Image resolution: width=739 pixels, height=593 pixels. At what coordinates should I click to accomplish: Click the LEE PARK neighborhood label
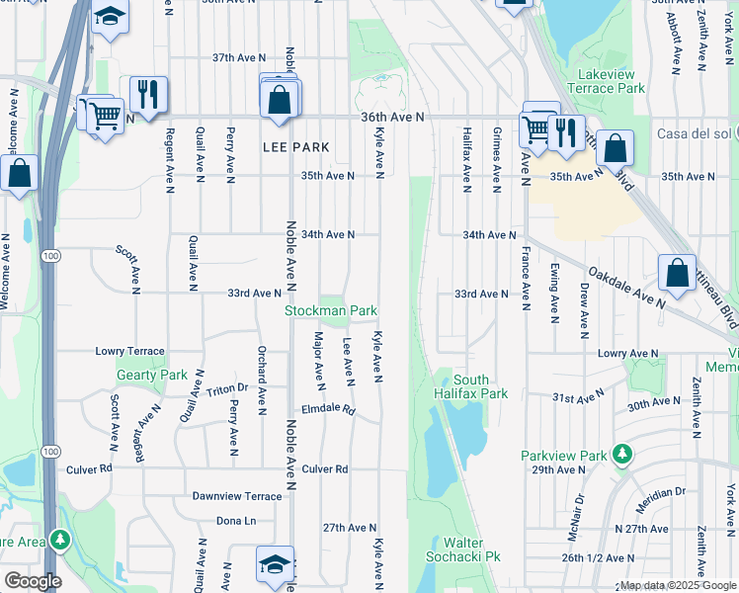(x=295, y=147)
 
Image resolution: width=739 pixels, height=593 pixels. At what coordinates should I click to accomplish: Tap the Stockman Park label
(x=331, y=310)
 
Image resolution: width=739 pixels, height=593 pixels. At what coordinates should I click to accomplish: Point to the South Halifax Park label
(x=472, y=386)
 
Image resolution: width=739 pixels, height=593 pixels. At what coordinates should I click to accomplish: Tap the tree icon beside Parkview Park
(x=621, y=455)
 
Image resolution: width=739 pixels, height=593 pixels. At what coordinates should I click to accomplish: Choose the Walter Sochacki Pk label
(x=470, y=550)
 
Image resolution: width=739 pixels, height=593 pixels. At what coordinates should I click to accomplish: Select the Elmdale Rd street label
(x=328, y=410)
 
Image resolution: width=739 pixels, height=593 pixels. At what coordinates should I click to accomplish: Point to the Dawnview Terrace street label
(x=237, y=495)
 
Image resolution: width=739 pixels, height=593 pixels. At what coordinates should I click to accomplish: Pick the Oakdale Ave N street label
(x=628, y=287)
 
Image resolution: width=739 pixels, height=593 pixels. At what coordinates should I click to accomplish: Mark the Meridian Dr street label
(x=663, y=491)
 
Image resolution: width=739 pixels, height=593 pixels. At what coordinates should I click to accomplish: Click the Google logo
(x=32, y=581)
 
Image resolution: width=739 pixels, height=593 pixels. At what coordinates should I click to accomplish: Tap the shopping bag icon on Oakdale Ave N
(x=677, y=275)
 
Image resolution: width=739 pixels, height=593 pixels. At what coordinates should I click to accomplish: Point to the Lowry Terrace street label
(x=129, y=351)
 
